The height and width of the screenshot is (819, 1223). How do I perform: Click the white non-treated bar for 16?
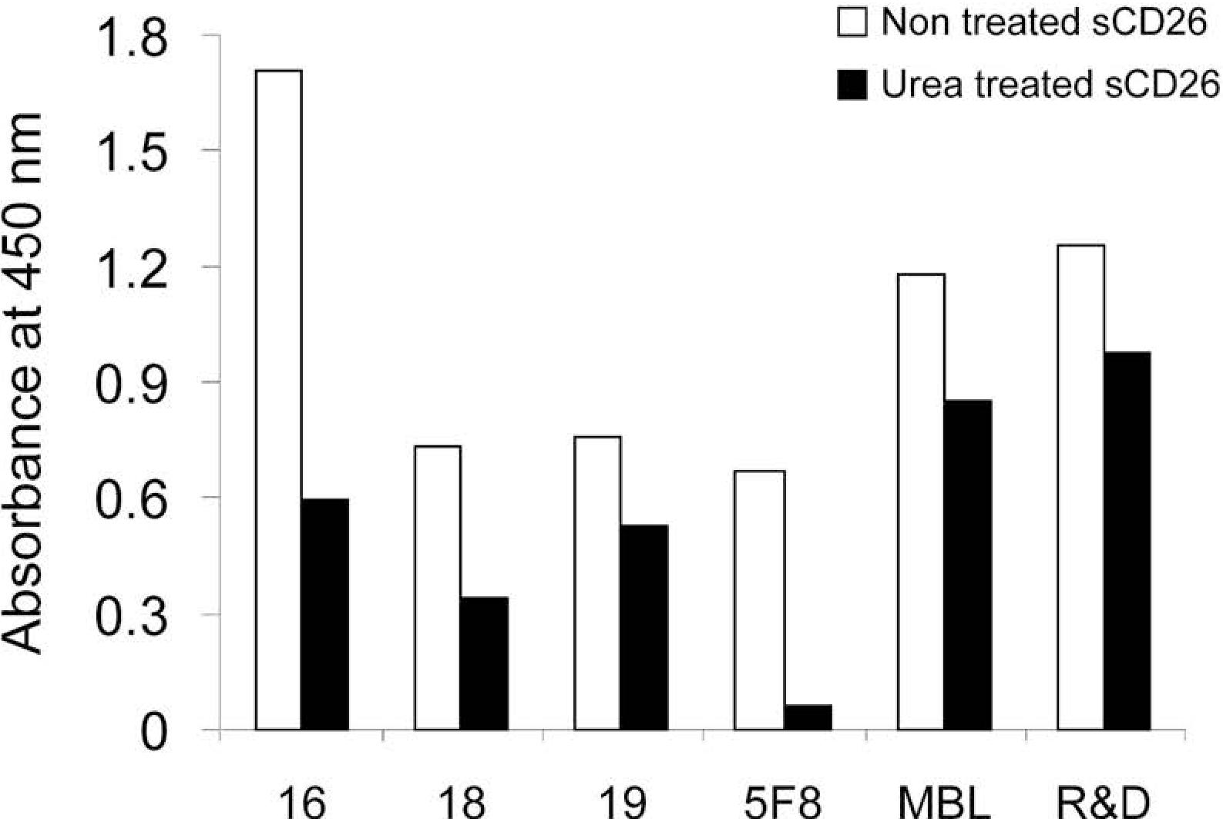click(279, 400)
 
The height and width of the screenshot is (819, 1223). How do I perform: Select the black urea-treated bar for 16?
click(325, 614)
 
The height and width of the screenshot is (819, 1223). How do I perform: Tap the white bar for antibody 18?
click(438, 588)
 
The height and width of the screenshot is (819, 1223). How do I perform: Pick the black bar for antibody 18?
click(485, 663)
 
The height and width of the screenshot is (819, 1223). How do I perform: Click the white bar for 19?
click(598, 583)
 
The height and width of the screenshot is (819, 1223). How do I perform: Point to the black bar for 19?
click(644, 627)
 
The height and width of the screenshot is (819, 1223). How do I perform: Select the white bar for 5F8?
click(760, 600)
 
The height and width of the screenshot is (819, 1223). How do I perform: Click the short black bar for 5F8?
click(808, 717)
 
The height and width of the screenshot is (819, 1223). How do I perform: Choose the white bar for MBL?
click(922, 502)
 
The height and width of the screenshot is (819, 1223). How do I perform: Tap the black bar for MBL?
click(968, 565)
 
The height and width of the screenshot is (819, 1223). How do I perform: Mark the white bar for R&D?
click(1081, 487)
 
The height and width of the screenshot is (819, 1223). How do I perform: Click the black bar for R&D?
click(1127, 541)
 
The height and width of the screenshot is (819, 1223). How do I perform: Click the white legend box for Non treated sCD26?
click(852, 23)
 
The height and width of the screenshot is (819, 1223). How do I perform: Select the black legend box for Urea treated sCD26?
click(852, 86)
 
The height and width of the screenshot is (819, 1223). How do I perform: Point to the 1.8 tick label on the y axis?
click(131, 36)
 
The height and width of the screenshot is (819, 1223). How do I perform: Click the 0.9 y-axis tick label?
click(131, 382)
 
